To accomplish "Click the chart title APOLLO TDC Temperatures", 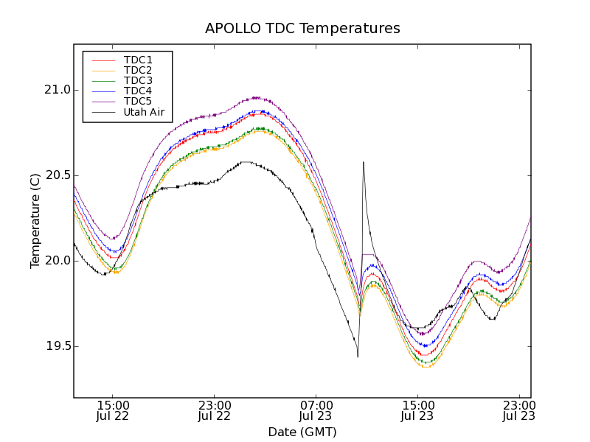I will (x=302, y=29).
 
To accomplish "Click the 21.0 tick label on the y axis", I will (x=55, y=90).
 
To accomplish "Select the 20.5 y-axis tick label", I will (x=55, y=175).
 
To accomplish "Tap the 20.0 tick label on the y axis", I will (x=55, y=261).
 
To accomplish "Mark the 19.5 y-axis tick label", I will (x=55, y=346).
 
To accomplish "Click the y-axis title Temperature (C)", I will (x=35, y=221).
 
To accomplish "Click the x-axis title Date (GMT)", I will (x=302, y=432).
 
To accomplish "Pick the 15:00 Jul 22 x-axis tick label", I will (x=114, y=410).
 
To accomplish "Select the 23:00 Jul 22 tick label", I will (x=215, y=410).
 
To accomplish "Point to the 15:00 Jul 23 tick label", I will (x=417, y=410).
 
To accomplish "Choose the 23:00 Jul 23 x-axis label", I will (x=518, y=410).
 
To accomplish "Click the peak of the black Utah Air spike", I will (x=364, y=162).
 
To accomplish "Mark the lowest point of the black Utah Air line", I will (x=358, y=357).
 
